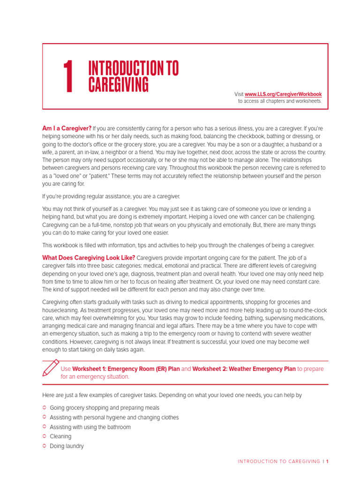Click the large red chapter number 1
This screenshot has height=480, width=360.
coord(68,77)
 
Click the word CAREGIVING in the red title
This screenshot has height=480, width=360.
coord(119,85)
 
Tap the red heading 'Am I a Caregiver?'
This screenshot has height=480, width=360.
coord(67,128)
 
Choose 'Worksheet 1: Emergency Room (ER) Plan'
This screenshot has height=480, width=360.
coord(126,369)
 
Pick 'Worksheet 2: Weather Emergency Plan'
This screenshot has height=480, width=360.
coord(244,369)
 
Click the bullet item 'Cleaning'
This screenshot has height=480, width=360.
coord(60,436)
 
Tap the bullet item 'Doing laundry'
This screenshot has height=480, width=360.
coord(67,446)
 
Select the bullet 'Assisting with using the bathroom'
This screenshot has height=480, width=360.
coord(90,427)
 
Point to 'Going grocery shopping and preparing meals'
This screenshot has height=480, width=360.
coord(105,408)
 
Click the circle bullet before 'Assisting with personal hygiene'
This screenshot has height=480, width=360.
coord(45,417)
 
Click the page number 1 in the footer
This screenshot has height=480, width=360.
coord(327,462)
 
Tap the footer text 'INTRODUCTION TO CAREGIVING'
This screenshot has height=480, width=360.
coord(279,462)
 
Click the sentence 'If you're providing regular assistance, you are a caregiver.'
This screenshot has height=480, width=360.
coord(111,196)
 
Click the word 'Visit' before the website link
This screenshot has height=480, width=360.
coord(239,94)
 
